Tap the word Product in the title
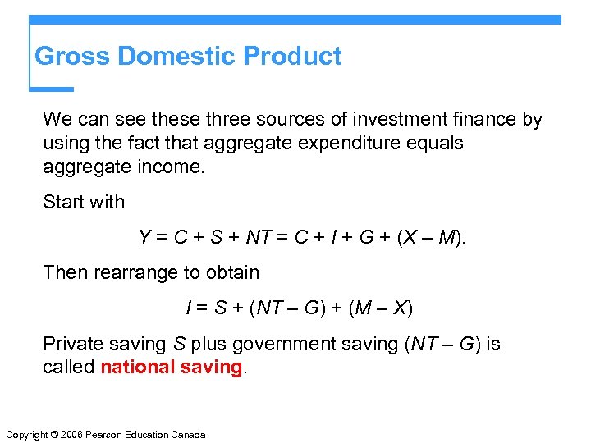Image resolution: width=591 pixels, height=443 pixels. coord(293,57)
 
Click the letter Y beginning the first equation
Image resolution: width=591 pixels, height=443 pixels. coord(145,238)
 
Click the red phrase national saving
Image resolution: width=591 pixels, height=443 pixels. coord(172,367)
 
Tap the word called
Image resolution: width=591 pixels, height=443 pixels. coord(69,367)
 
